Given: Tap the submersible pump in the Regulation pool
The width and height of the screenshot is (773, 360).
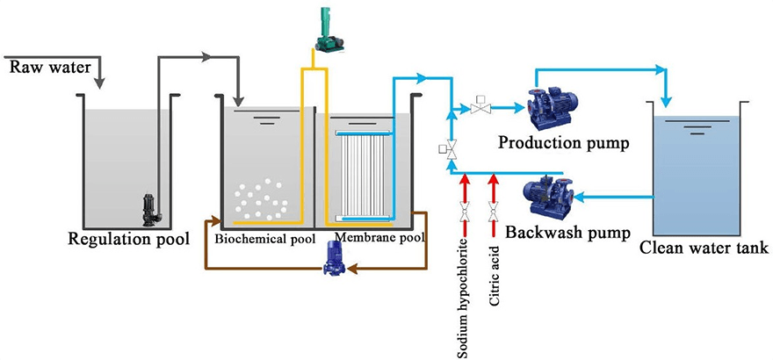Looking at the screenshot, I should click(x=144, y=209).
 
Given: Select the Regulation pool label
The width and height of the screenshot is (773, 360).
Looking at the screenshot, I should click(x=132, y=238).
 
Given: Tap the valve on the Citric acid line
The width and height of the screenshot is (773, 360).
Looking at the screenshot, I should click(x=495, y=210).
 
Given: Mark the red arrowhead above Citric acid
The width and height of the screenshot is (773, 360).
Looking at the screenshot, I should click(x=495, y=180).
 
